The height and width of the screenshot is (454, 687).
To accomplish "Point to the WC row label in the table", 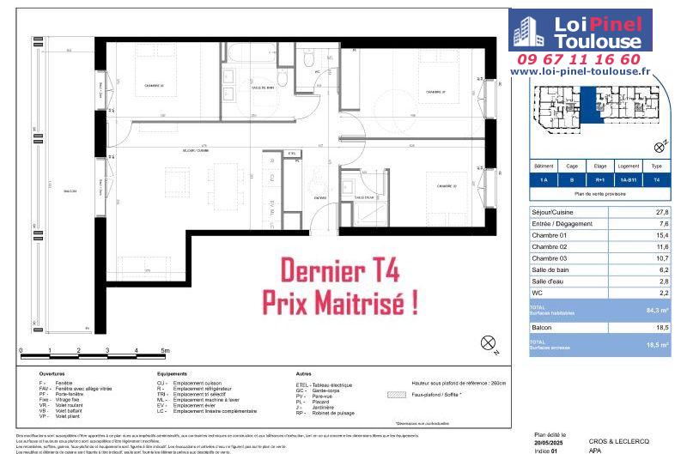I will tap(538, 293).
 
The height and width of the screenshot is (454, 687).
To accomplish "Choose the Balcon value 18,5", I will tap(661, 327).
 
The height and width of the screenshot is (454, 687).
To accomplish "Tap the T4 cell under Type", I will tap(657, 181).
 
